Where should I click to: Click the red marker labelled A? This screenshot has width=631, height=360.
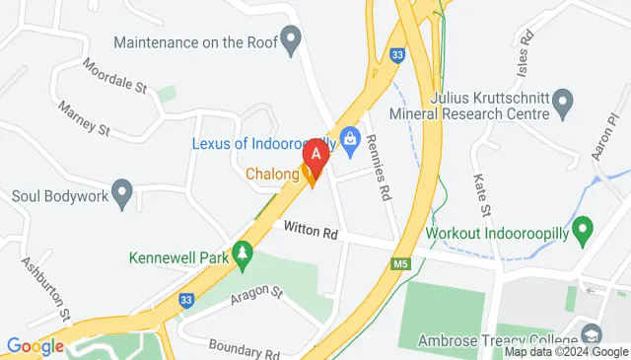tap(315, 155)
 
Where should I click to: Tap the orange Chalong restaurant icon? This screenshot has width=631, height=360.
tap(312, 177)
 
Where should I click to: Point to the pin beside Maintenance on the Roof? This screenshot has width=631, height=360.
tap(290, 41)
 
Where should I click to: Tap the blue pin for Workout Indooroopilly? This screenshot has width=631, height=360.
tap(582, 233)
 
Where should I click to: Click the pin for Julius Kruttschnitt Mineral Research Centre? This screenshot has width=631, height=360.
tap(563, 101)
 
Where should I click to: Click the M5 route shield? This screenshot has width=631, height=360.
tap(398, 263)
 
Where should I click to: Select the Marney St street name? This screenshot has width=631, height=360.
tap(84, 117)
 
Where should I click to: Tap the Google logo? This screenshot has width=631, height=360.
tap(35, 345)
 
